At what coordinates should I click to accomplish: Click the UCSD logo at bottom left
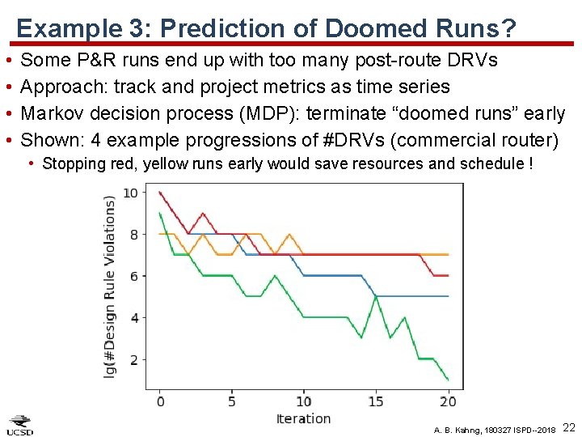(x=20, y=425)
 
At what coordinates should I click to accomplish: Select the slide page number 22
(x=568, y=427)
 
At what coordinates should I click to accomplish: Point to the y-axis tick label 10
(x=130, y=193)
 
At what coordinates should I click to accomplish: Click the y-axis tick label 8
(x=133, y=235)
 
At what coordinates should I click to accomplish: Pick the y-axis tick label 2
(x=133, y=359)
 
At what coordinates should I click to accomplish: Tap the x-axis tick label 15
(x=376, y=401)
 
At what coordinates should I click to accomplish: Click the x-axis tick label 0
(x=160, y=401)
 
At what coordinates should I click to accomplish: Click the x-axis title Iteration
(x=303, y=418)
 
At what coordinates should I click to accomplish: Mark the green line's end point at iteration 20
(x=448, y=379)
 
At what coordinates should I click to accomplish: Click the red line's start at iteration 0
(x=160, y=193)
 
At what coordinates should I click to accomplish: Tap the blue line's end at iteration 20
(x=448, y=296)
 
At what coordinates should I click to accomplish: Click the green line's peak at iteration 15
(x=376, y=296)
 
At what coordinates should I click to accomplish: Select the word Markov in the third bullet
(x=54, y=112)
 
